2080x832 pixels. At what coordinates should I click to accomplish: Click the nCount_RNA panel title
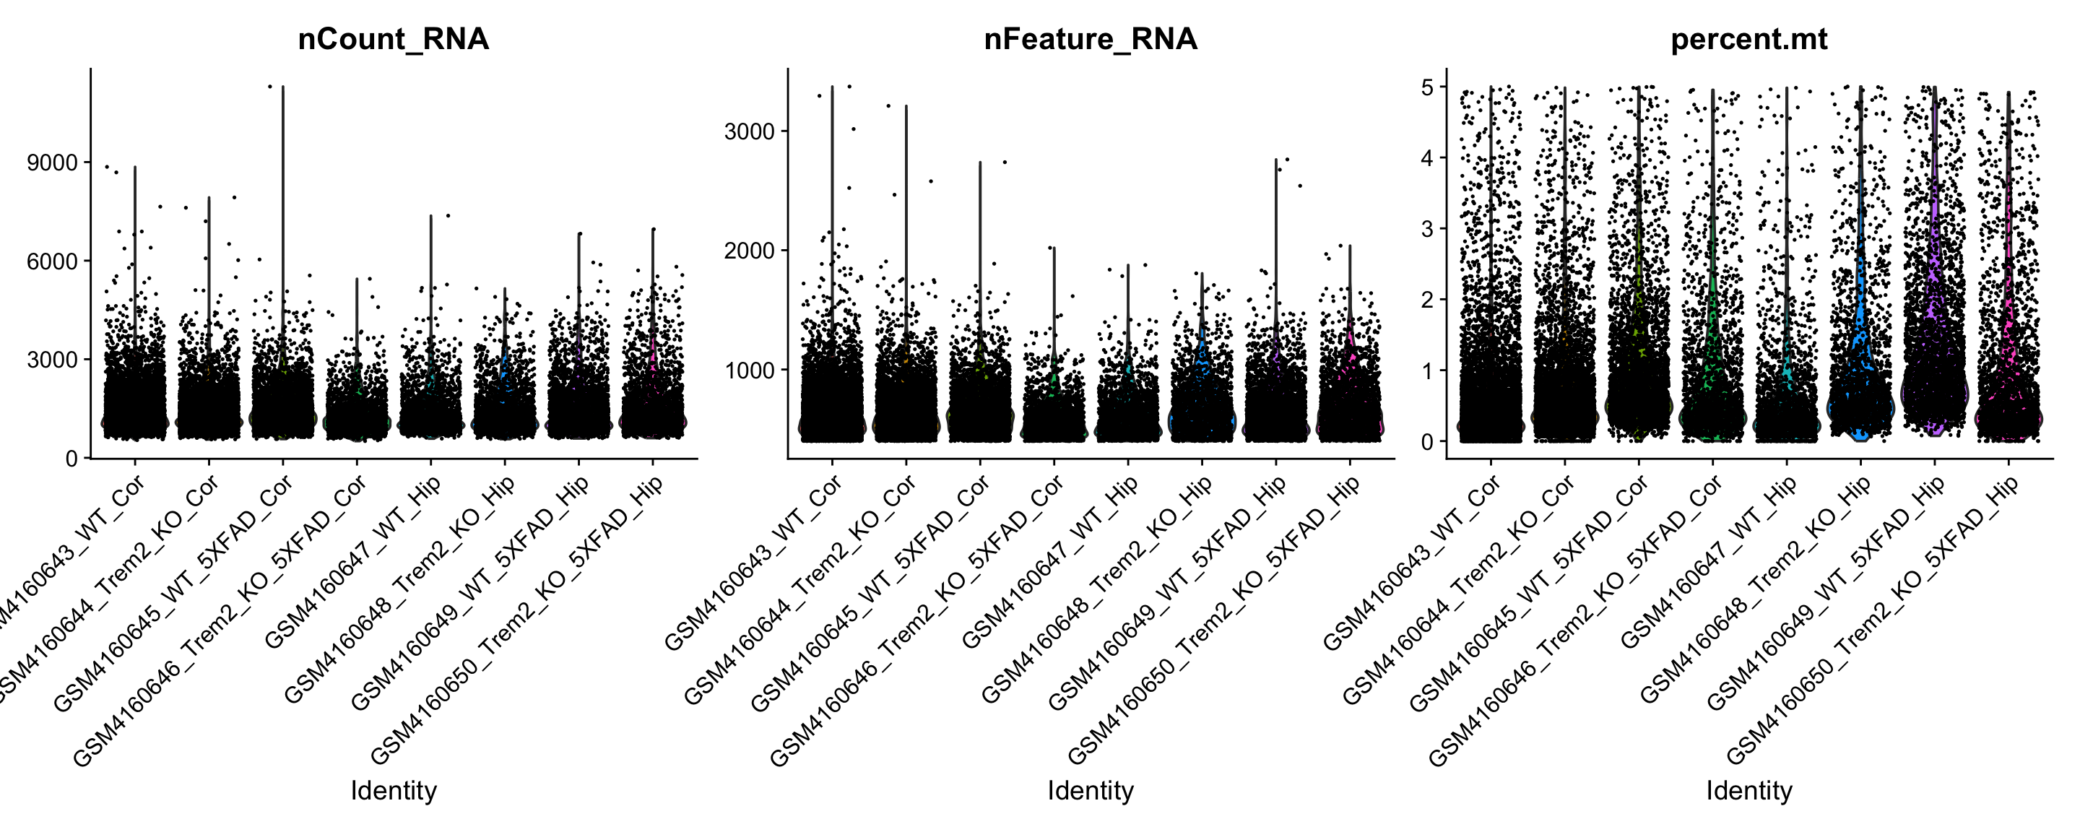coord(393,39)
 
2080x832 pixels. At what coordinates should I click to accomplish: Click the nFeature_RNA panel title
coord(1090,39)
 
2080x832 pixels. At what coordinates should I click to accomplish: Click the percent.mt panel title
coord(1749,39)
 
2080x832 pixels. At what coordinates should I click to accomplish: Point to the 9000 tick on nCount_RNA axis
coord(53,163)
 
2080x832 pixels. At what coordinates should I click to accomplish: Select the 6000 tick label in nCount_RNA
coord(53,261)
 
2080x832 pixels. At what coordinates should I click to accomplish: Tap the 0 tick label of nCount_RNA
coord(72,459)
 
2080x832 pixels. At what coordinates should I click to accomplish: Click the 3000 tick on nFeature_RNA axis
coord(750,131)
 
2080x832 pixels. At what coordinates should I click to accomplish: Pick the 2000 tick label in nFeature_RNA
coord(750,251)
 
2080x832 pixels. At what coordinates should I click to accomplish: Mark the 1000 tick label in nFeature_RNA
coord(750,370)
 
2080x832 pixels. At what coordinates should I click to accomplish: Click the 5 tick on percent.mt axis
coord(1428,87)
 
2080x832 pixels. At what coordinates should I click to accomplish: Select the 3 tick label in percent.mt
coord(1428,229)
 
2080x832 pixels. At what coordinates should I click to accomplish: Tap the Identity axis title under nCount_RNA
coord(393,791)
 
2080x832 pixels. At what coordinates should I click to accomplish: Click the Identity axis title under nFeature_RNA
coord(1090,791)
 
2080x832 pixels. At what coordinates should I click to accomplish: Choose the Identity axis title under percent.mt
coord(1749,791)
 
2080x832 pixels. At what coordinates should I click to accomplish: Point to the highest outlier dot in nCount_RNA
coord(271,87)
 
